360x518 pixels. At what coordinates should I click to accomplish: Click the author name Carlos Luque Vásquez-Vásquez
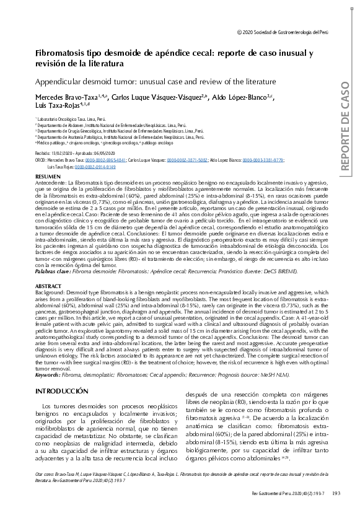pos(160,97)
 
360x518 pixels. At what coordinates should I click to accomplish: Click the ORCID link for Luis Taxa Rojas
pos(95,167)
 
